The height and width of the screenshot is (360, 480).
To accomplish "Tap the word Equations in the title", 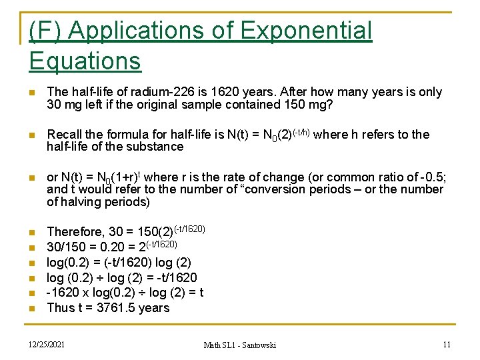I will (85, 61).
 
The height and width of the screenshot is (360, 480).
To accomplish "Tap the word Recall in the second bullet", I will (66, 135).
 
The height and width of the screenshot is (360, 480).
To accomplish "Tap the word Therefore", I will (75, 232).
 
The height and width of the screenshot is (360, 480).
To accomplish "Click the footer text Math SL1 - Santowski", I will (239, 345).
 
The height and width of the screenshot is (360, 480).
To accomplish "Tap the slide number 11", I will (447, 344).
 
